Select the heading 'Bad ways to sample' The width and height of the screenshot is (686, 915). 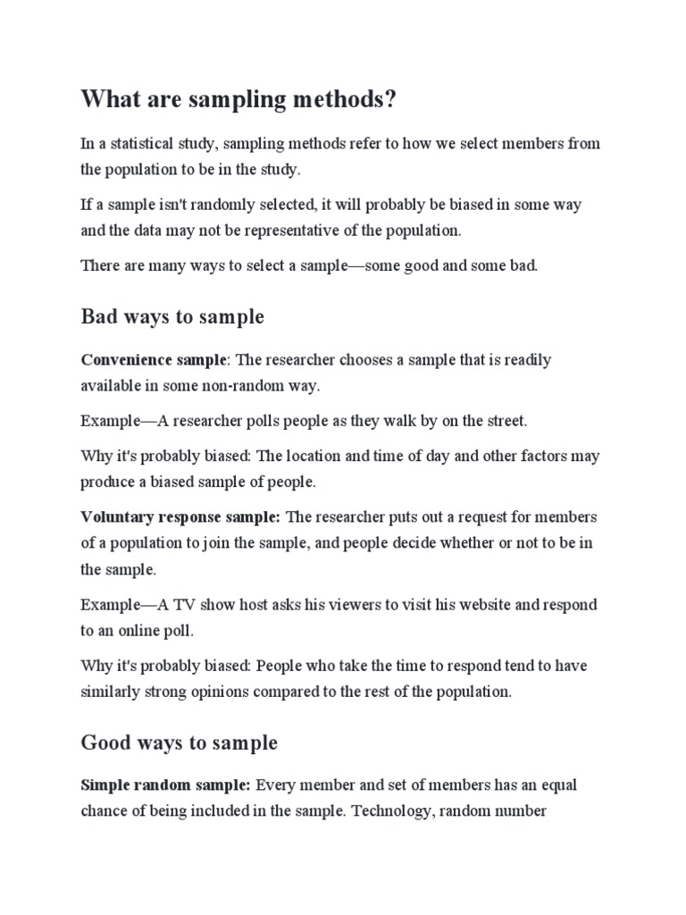click(172, 316)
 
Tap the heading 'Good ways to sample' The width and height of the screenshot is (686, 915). click(179, 743)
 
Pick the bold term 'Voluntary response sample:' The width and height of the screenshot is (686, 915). click(180, 517)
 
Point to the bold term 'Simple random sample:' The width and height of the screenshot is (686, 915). click(165, 785)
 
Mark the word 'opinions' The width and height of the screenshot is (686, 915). click(228, 692)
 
